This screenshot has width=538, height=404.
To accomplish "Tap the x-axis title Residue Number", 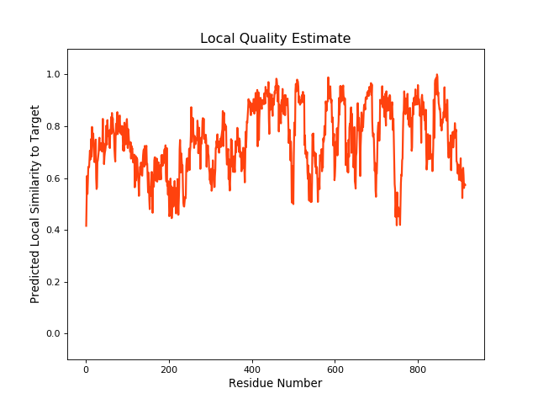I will click(x=275, y=384).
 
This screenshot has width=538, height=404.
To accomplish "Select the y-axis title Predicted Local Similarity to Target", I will click(x=35, y=204).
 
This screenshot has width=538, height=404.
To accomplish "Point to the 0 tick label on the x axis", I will click(x=86, y=369).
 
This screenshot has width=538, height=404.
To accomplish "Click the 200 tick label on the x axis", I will click(x=169, y=369).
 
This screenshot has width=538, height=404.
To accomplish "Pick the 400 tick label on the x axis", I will click(x=252, y=369).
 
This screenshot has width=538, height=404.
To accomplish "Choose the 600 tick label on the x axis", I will click(x=335, y=369).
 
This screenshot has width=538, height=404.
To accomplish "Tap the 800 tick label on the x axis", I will click(x=418, y=369).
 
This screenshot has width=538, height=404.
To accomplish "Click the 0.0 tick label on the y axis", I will click(x=53, y=334).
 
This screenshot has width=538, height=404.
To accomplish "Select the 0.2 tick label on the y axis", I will click(x=53, y=282).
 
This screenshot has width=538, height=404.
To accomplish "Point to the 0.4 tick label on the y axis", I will click(x=53, y=231).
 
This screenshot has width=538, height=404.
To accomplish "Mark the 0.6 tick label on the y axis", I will click(x=53, y=178).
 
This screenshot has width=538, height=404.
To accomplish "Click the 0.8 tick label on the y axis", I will click(x=53, y=127).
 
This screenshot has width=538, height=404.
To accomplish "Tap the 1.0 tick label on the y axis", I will click(x=53, y=75).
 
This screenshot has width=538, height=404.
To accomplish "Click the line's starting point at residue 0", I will click(x=86, y=226).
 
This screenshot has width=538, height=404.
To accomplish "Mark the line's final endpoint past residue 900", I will click(x=465, y=185).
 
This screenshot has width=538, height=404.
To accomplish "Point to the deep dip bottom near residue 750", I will click(x=397, y=225).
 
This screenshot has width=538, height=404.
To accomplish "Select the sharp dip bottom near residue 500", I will click(x=293, y=204).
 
